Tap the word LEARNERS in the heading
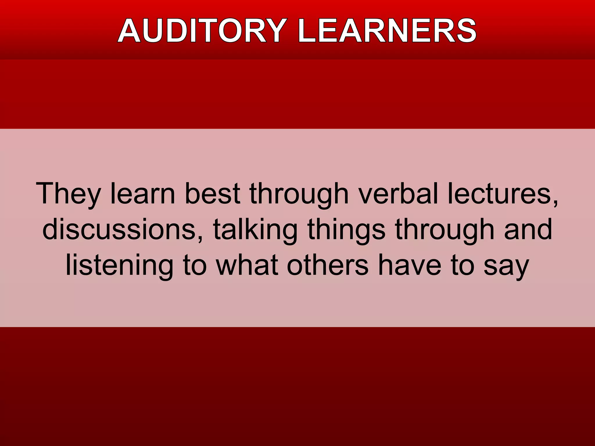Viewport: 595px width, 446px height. tap(387, 31)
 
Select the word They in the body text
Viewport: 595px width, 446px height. tap(69, 194)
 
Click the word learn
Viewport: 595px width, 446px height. tap(143, 193)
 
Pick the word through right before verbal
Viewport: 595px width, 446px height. tap(299, 194)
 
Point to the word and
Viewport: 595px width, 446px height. tap(528, 229)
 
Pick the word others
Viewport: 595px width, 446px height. tap(328, 265)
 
